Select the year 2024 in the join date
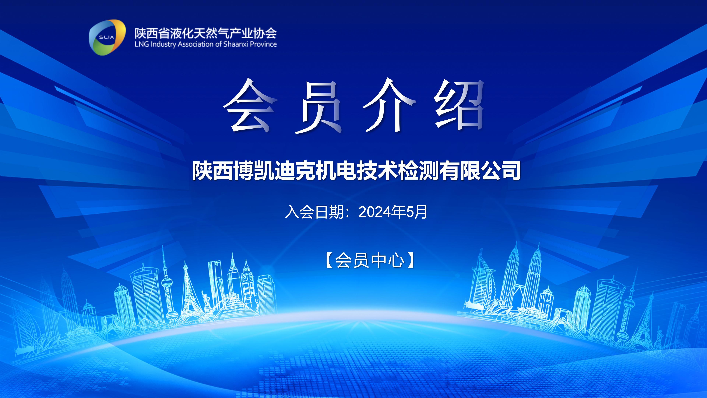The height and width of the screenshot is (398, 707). coord(375,212)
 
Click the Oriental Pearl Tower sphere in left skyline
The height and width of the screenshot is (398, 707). coord(166,283)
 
